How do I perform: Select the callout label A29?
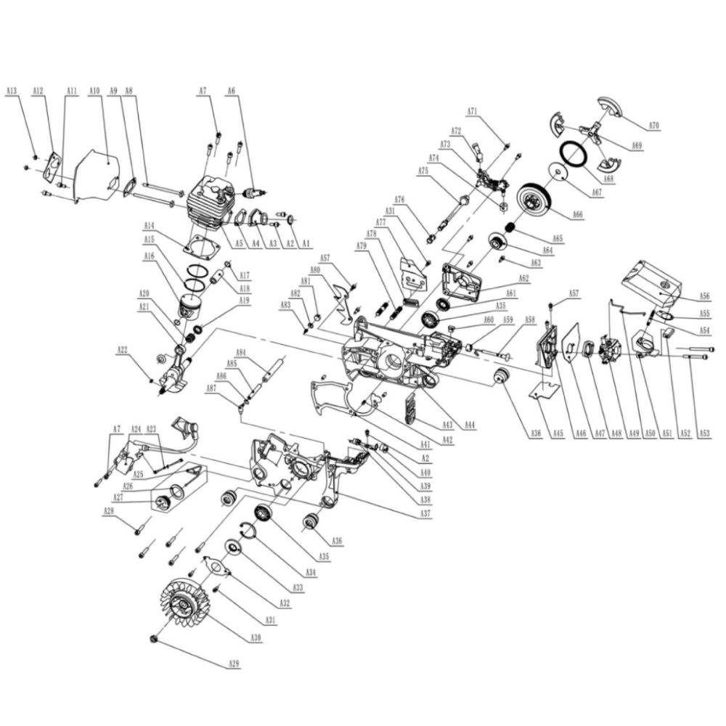(234, 664)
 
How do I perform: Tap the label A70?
(654, 126)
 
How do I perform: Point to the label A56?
(704, 296)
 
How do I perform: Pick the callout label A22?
(122, 350)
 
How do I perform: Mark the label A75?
(424, 171)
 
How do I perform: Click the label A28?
(108, 511)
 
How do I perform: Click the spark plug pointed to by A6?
(255, 195)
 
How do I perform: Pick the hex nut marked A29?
(154, 638)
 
